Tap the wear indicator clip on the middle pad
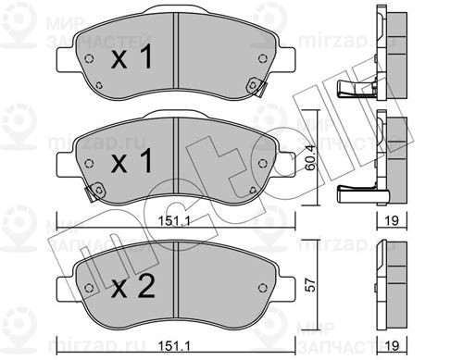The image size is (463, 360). [x=93, y=193]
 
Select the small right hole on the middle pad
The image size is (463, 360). [x=269, y=161]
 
